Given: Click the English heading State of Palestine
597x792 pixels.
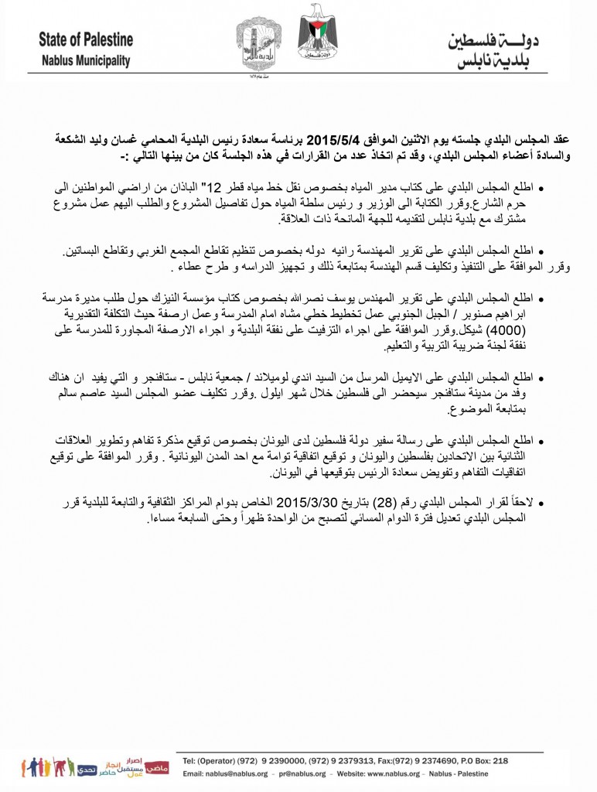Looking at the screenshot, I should click(x=84, y=39).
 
